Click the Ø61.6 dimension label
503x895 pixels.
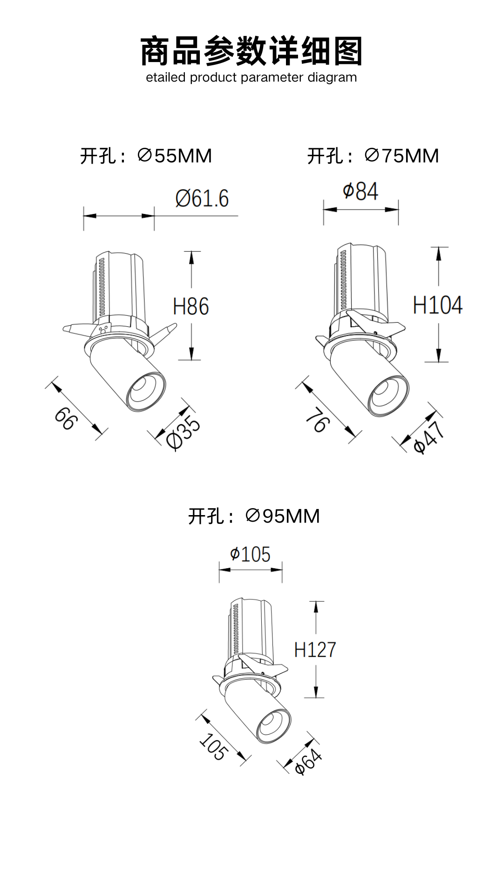202,199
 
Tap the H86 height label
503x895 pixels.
191,306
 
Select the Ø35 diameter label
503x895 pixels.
183,433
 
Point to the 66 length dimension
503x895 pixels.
65,418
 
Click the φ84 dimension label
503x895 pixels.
360,192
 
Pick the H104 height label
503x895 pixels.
438,305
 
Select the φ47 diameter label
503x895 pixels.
429,437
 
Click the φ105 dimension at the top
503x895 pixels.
250,554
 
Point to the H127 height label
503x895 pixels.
315,649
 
